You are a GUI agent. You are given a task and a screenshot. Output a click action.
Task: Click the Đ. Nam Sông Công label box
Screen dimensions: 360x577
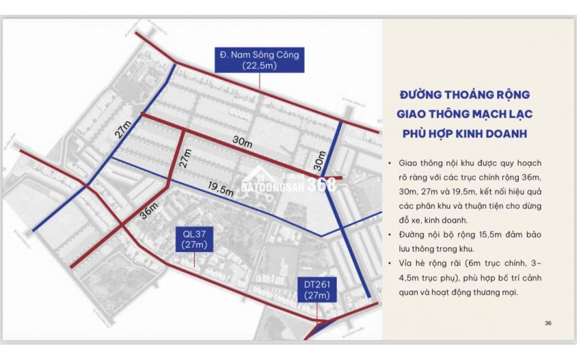pyautogui.click(x=259, y=60)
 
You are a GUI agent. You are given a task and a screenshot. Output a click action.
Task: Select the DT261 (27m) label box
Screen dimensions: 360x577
pyautogui.click(x=316, y=289)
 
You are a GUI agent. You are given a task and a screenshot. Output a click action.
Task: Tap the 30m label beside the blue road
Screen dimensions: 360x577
pyautogui.click(x=318, y=160)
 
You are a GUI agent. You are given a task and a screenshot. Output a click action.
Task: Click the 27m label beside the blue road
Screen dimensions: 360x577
pyautogui.click(x=121, y=132)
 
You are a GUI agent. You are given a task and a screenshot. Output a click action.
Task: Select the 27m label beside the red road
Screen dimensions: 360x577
pyautogui.click(x=185, y=159)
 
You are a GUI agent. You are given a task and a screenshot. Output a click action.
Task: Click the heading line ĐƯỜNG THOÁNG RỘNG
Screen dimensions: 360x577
pyautogui.click(x=465, y=95)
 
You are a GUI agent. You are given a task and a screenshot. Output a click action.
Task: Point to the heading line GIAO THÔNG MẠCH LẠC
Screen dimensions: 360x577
pyautogui.click(x=465, y=114)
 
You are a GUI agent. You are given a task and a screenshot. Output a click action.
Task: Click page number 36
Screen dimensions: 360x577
pyautogui.click(x=548, y=323)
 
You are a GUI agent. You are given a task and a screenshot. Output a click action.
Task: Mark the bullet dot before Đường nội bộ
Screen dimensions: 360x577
pyautogui.click(x=389, y=235)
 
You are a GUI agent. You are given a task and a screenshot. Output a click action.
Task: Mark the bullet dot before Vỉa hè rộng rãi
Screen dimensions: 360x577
pyautogui.click(x=389, y=263)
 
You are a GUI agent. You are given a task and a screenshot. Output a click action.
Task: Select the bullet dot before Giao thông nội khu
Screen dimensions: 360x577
pyautogui.click(x=389, y=163)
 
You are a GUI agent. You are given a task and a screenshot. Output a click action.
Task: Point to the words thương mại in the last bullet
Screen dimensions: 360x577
pyautogui.click(x=501, y=292)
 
